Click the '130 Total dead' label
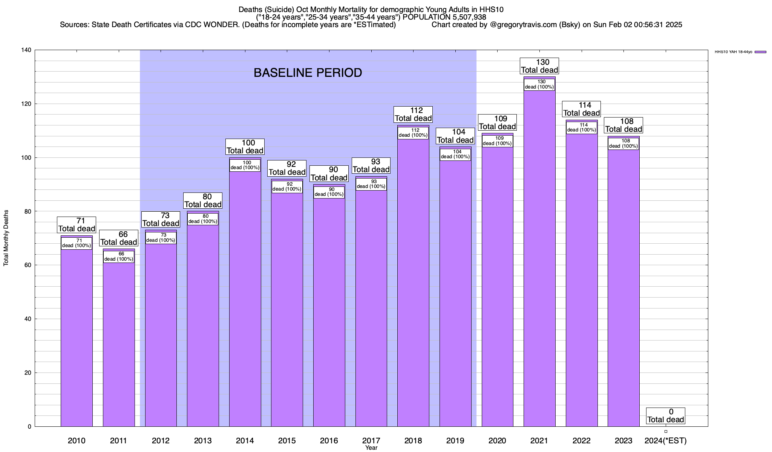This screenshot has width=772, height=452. (x=539, y=66)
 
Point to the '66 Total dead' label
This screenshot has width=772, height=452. (x=119, y=238)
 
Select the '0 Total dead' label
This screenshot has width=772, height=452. (x=666, y=416)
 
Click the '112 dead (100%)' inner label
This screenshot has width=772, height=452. (x=413, y=133)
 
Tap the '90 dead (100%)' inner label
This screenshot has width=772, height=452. (x=329, y=192)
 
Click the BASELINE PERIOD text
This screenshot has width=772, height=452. (x=308, y=73)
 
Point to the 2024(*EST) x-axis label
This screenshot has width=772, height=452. (x=666, y=441)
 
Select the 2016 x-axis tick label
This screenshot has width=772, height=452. (x=329, y=441)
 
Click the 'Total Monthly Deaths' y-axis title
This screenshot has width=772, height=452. (x=6, y=238)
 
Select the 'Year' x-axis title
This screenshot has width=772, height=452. (x=371, y=448)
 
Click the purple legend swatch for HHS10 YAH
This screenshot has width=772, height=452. (x=760, y=52)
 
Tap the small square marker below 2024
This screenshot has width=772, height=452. (x=666, y=431)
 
